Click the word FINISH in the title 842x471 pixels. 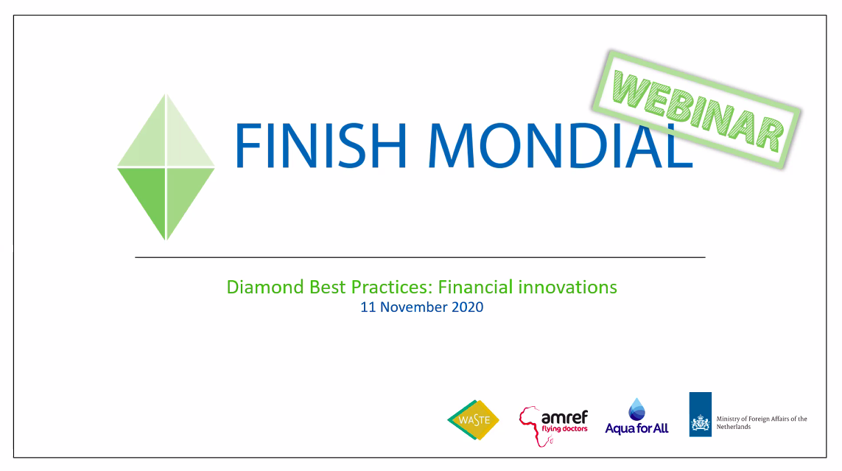tap(320, 145)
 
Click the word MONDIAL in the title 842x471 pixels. tap(560, 145)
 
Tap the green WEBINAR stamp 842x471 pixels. tap(696, 110)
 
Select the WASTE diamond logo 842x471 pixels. tap(473, 420)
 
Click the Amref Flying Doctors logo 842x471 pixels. tap(553, 426)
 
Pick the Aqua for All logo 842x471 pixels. tap(637, 416)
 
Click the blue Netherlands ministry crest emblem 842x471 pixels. tap(701, 414)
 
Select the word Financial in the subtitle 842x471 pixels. tap(475, 287)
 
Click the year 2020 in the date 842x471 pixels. tap(467, 307)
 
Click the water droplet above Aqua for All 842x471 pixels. tap(637, 409)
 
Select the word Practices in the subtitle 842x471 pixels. tap(391, 287)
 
